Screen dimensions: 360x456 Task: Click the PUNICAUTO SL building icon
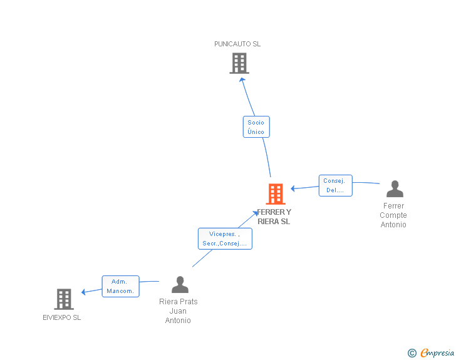pos(239,63)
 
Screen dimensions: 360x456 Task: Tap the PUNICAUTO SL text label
pos(237,44)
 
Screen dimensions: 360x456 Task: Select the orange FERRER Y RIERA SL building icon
pos(276,194)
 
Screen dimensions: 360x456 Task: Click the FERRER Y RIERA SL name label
pos(274,217)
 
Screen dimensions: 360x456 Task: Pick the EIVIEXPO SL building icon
pos(64,299)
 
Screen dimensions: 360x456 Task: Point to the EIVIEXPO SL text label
pos(62,317)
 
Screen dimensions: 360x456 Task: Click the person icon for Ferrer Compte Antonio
pos(395,189)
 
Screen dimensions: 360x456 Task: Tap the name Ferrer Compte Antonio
pos(393,215)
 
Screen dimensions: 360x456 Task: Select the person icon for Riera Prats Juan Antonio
pos(180,285)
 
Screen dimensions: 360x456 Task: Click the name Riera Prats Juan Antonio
pos(179,311)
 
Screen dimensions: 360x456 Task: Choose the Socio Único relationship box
pos(256,127)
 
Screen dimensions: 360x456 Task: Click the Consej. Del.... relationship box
pos(335,185)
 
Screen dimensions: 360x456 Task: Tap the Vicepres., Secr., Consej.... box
pos(225,239)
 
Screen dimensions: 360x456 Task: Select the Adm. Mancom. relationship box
pos(120,286)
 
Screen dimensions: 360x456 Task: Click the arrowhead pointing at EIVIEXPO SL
pos(84,291)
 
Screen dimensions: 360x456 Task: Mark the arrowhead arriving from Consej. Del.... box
pos(293,188)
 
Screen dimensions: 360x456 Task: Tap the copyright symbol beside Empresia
pos(412,353)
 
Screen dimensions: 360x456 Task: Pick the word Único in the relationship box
pos(256,132)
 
